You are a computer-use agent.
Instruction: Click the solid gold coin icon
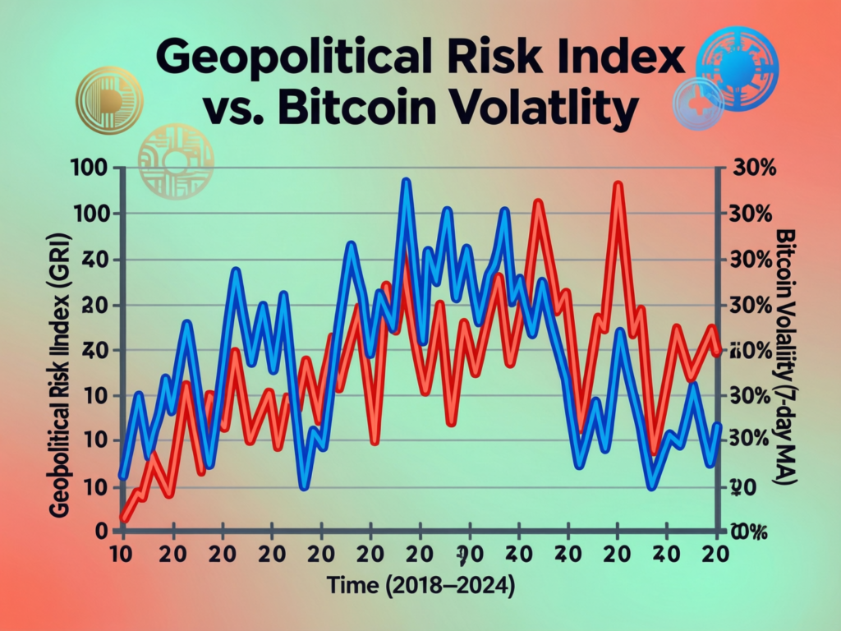108,101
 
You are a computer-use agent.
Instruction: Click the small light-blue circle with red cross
698,104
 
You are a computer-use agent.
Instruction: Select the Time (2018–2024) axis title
420,587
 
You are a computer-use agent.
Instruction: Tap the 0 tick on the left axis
103,531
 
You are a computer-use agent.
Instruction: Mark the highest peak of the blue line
406,182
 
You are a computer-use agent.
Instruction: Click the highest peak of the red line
618,186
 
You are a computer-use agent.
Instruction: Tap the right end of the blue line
718,426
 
